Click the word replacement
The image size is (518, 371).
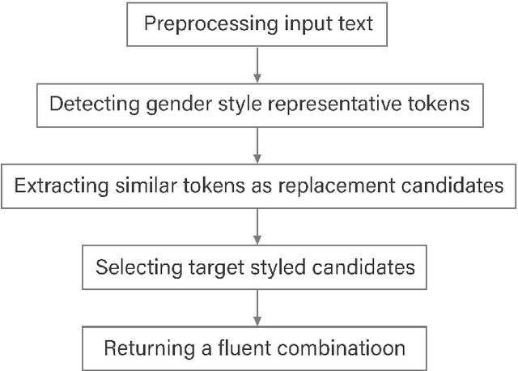click(x=355, y=186)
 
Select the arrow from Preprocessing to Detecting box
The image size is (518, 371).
click(x=258, y=64)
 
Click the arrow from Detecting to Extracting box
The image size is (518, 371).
click(x=258, y=145)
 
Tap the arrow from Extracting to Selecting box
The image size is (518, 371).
click(x=258, y=226)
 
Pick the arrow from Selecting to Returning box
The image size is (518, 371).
click(x=258, y=307)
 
